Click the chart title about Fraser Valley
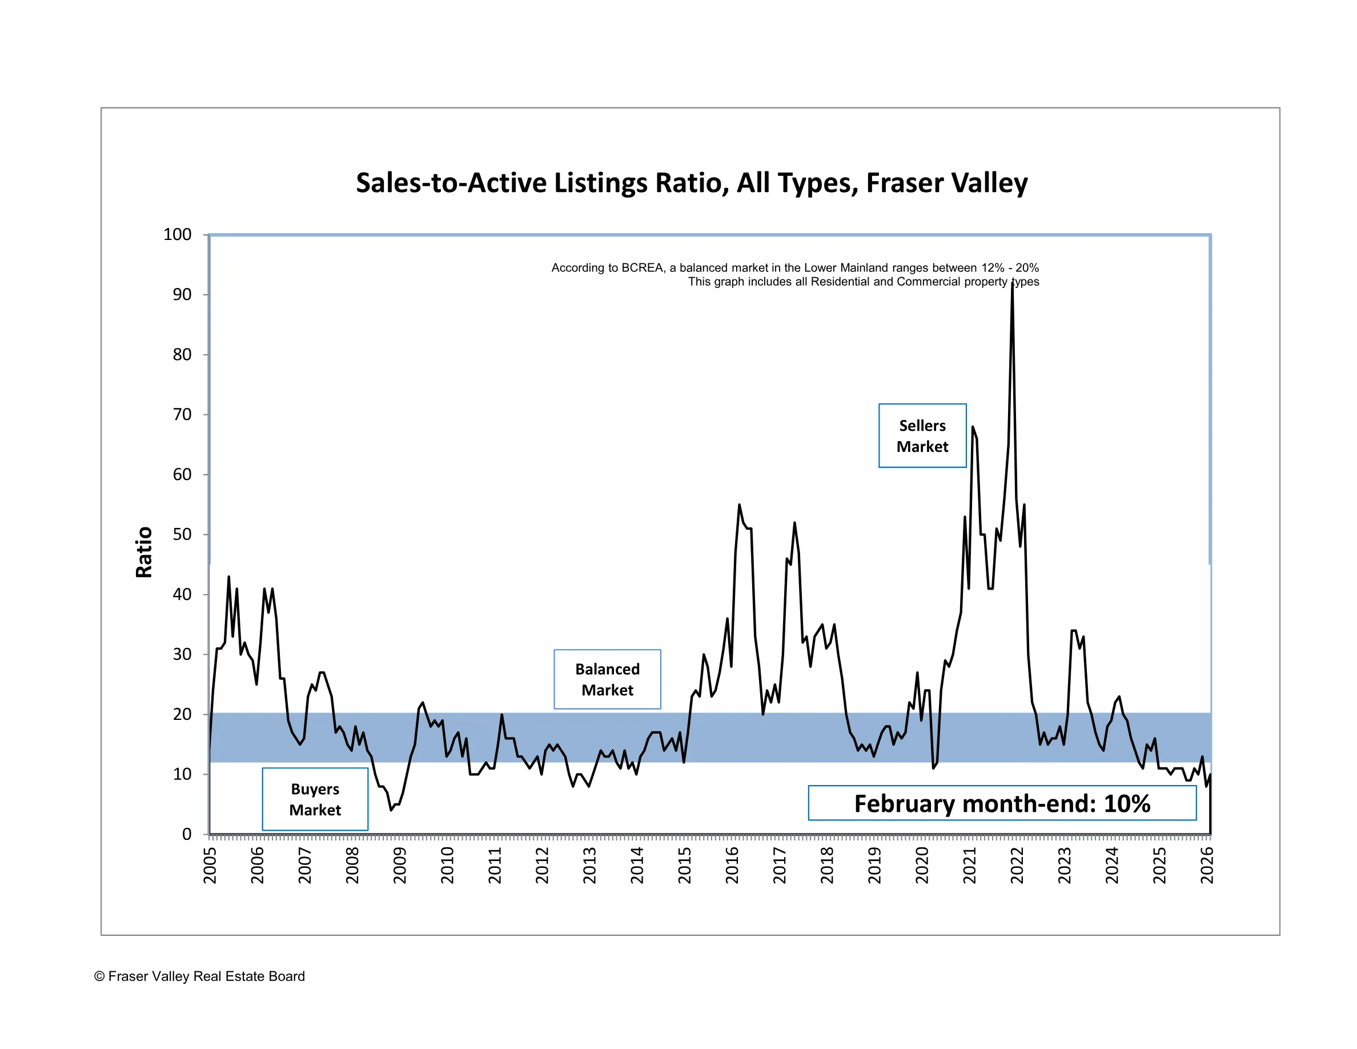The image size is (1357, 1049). (x=691, y=183)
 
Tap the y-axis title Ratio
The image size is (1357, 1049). (x=144, y=552)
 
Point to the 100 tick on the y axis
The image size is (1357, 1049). (x=177, y=234)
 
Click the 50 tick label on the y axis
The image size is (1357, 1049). (x=182, y=534)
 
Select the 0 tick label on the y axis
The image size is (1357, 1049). (x=186, y=834)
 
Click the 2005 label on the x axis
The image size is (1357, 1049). (x=210, y=865)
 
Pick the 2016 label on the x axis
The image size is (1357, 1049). (x=732, y=865)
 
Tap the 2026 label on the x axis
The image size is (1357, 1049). (x=1207, y=865)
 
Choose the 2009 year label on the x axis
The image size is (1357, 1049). (x=400, y=865)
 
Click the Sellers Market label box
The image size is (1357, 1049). (x=922, y=435)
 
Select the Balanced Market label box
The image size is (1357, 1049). (x=607, y=679)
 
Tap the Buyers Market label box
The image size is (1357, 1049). (x=315, y=799)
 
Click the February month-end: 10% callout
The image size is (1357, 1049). (x=1002, y=803)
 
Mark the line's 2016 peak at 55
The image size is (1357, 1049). (x=740, y=505)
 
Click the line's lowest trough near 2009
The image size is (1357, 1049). (x=391, y=810)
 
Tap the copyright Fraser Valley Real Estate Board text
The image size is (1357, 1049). (x=199, y=976)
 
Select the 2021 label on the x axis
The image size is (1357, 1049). (x=969, y=865)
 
